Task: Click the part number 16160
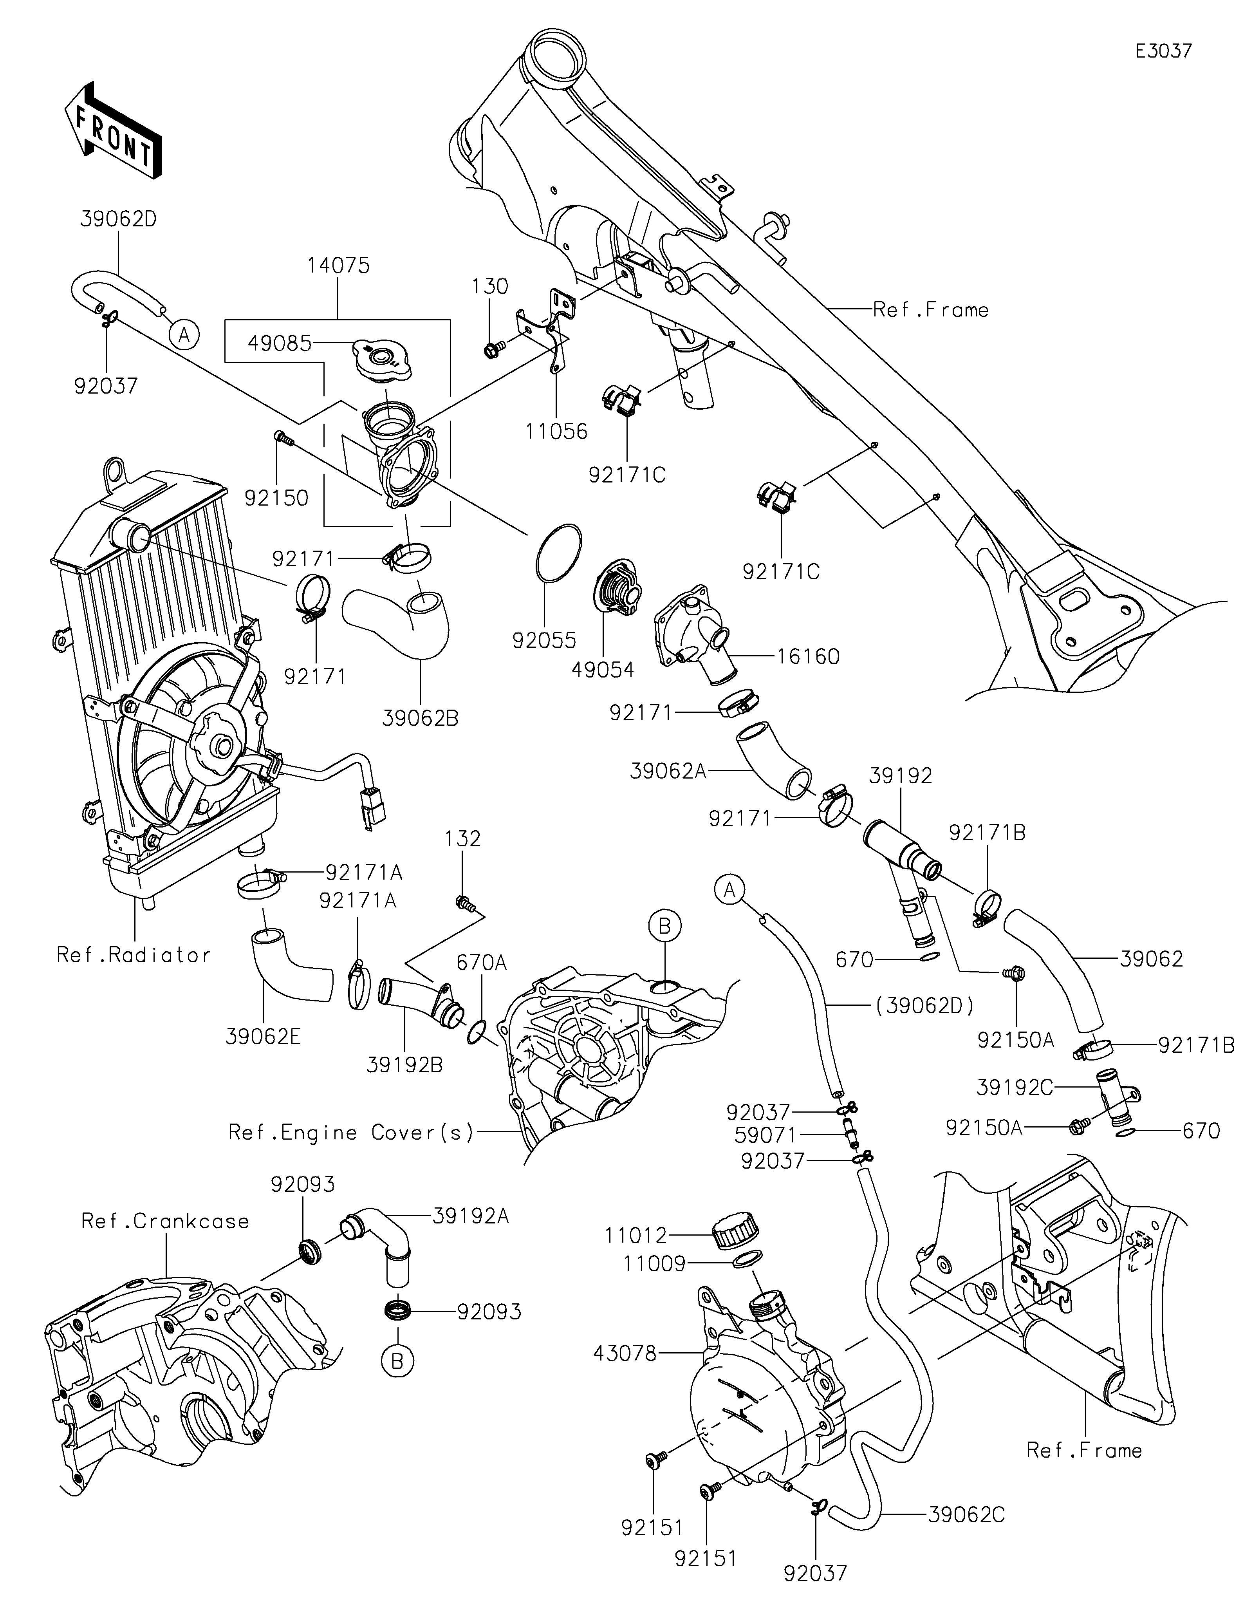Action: tap(808, 656)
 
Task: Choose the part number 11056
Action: tap(556, 431)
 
